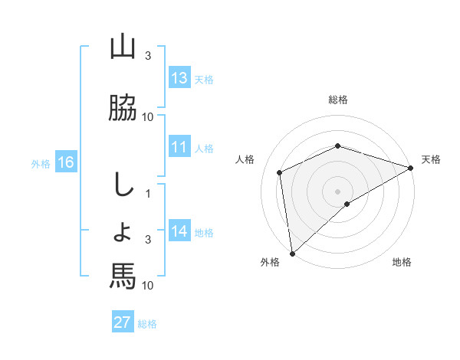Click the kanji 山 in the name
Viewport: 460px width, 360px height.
123,47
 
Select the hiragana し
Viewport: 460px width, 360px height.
122,185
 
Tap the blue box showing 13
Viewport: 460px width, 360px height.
179,79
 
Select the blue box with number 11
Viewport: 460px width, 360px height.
179,148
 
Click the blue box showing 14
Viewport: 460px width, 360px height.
179,232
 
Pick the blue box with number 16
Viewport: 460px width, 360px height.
66,162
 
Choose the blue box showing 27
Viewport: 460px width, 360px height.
123,322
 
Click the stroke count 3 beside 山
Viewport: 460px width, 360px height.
148,56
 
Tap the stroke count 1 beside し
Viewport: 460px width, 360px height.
148,194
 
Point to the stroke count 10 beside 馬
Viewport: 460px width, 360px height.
148,285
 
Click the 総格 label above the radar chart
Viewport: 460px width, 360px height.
338,100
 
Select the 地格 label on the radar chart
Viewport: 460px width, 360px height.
402,262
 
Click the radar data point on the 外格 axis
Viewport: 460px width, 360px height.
292,254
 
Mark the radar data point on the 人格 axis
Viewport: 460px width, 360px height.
280,172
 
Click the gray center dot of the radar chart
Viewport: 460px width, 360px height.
337,191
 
